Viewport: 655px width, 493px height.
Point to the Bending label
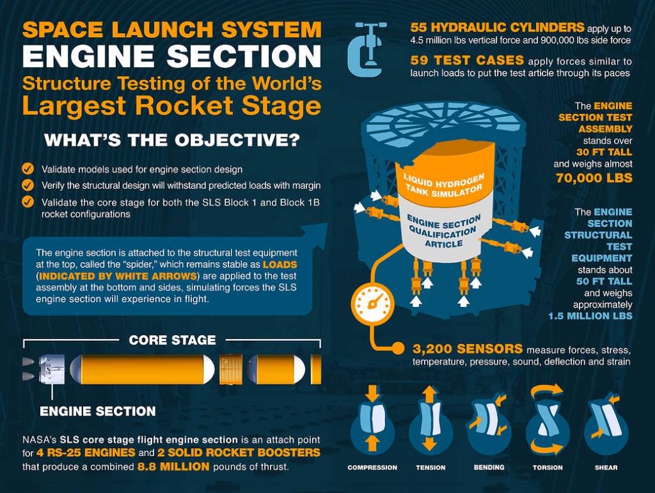[x=489, y=467]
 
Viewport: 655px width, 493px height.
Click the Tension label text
[x=430, y=467]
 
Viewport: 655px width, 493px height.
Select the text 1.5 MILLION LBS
[x=590, y=317]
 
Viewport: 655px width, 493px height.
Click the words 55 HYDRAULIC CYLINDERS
[x=497, y=27]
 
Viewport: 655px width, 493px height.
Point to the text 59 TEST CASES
[x=467, y=61]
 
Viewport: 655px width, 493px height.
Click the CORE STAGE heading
[x=172, y=340]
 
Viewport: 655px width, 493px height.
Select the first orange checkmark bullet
[x=28, y=169]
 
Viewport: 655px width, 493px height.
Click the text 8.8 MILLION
[x=173, y=467]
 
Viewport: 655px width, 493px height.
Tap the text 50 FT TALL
[x=604, y=281]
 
